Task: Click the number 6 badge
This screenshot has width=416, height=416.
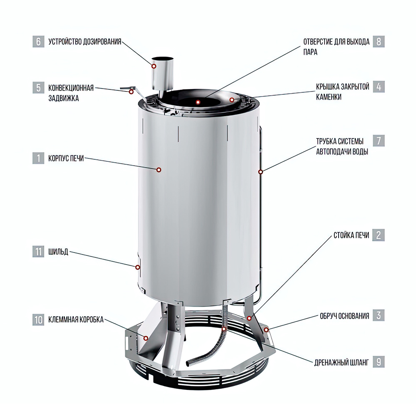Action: [x=38, y=42]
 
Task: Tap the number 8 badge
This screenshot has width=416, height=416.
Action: [x=379, y=42]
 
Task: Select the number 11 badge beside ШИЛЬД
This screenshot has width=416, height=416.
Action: [x=38, y=252]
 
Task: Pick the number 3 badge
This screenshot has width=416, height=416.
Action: [x=379, y=315]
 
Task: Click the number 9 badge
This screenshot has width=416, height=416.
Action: [x=379, y=362]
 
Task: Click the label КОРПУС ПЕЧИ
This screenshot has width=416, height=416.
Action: [x=66, y=158]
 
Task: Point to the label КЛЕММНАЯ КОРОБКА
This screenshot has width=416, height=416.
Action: [x=76, y=319]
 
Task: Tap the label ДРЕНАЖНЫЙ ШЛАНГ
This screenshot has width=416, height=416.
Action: [x=342, y=362]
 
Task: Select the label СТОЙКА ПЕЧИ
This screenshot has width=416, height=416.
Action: [x=351, y=235]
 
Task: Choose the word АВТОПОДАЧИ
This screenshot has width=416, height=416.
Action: [x=333, y=152]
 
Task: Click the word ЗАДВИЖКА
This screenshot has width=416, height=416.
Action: [x=63, y=98]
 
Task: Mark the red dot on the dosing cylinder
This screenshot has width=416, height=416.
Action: [x=154, y=66]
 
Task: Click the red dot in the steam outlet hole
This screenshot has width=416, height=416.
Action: [x=198, y=102]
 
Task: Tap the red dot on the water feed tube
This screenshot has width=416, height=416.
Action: [x=260, y=172]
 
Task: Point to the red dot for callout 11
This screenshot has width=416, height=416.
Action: [x=138, y=267]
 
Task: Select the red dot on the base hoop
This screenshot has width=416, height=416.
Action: [x=266, y=329]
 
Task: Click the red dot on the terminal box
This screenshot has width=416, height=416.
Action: [x=146, y=338]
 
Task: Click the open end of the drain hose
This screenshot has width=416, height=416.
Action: [x=188, y=362]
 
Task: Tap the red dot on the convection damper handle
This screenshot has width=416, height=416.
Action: [x=131, y=92]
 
